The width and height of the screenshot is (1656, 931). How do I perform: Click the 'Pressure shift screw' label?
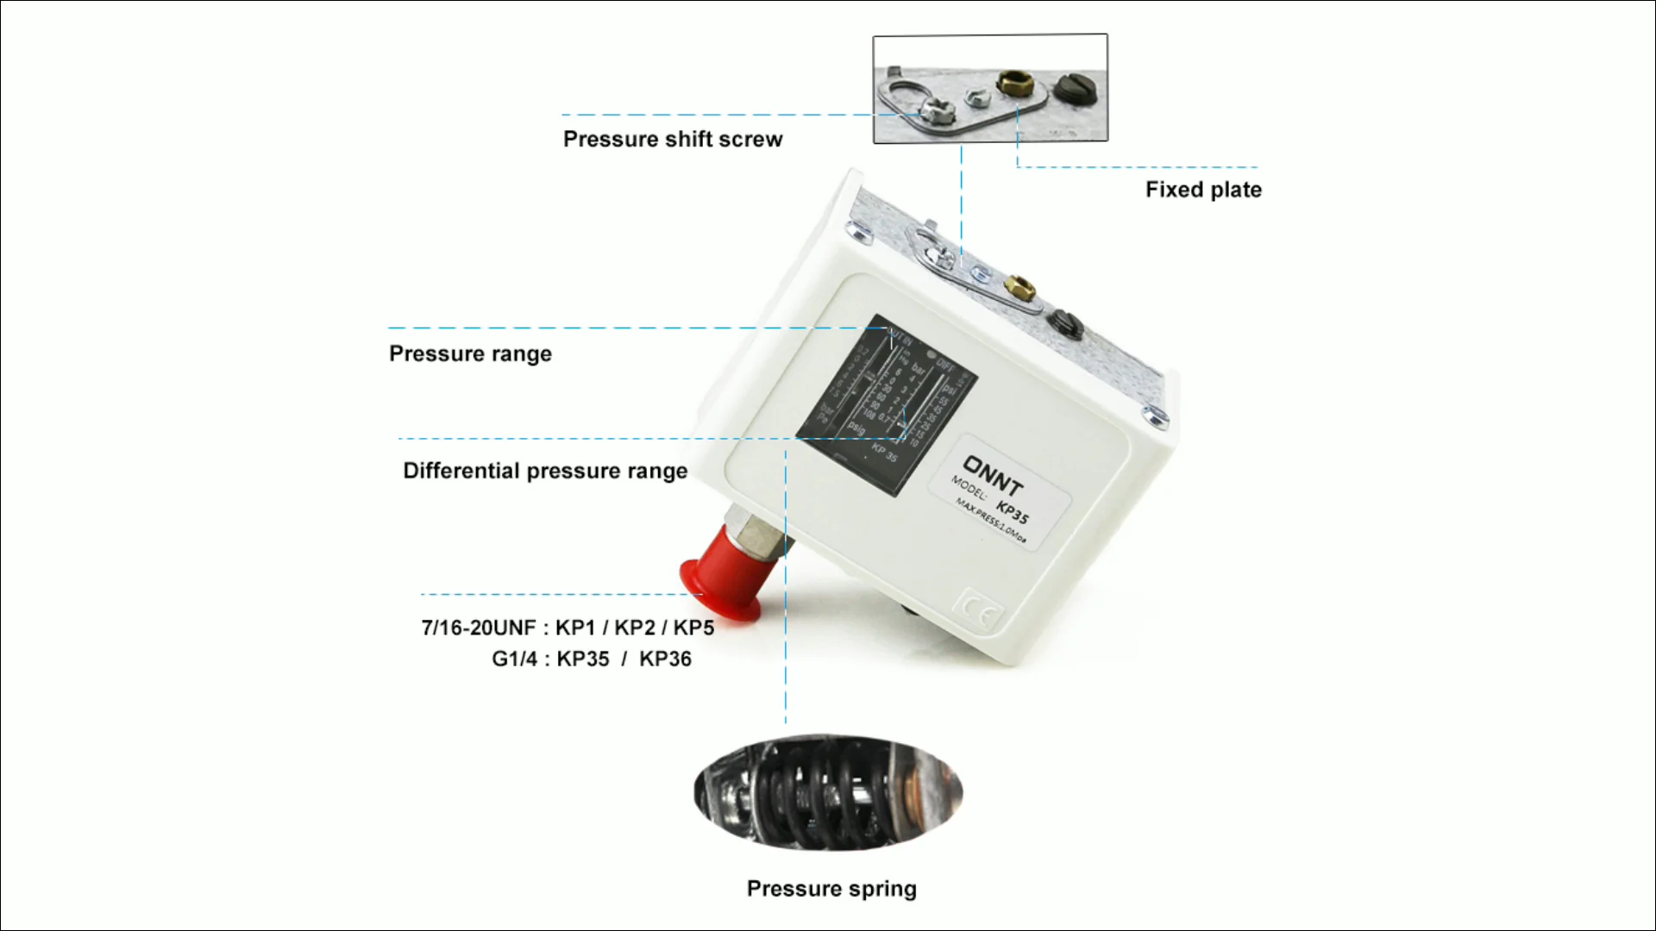point(673,140)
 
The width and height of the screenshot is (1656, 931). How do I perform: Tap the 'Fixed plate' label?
point(1203,190)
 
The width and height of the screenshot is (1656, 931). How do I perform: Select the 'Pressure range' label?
point(470,354)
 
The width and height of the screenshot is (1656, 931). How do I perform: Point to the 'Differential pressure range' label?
point(545,472)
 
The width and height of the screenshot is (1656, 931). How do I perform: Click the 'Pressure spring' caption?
point(831,889)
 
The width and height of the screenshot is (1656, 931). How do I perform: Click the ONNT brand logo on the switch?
point(994,477)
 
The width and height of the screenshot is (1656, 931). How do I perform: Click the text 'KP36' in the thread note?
point(665,659)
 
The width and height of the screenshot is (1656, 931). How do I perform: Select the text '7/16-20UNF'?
point(479,628)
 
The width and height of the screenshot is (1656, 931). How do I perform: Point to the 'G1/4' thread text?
point(514,659)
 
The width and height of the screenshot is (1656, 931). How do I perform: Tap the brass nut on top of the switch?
point(1019,285)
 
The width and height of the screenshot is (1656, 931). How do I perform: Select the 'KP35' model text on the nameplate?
point(1013,511)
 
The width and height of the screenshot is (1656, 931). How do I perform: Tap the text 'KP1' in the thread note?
point(575,628)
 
